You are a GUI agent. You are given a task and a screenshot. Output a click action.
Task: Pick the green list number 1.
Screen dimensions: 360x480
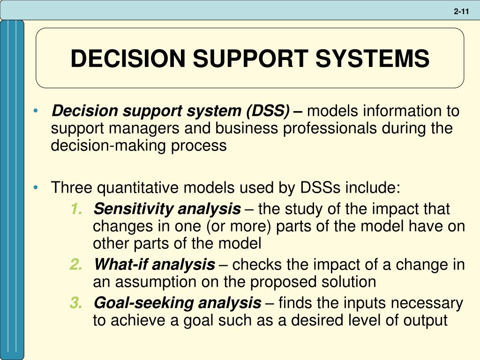click(76, 209)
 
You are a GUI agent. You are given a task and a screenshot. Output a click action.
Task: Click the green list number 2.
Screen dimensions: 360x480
click(76, 265)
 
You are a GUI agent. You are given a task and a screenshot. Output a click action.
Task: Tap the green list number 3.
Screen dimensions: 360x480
click(76, 303)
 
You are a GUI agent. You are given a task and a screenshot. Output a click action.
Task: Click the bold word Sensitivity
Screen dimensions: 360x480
click(126, 209)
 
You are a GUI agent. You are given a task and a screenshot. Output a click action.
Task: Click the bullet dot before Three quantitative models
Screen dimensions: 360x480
click(37, 187)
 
